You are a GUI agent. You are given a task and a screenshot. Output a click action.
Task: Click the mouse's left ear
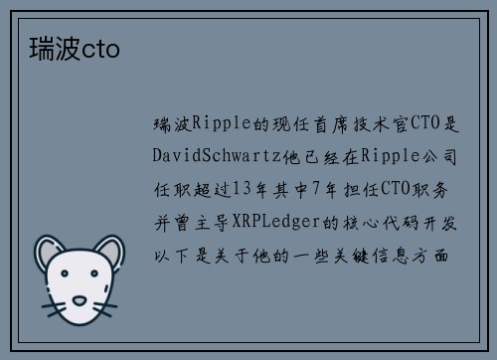click(x=51, y=254)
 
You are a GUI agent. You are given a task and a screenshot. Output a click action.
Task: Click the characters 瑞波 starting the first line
click(x=170, y=124)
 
